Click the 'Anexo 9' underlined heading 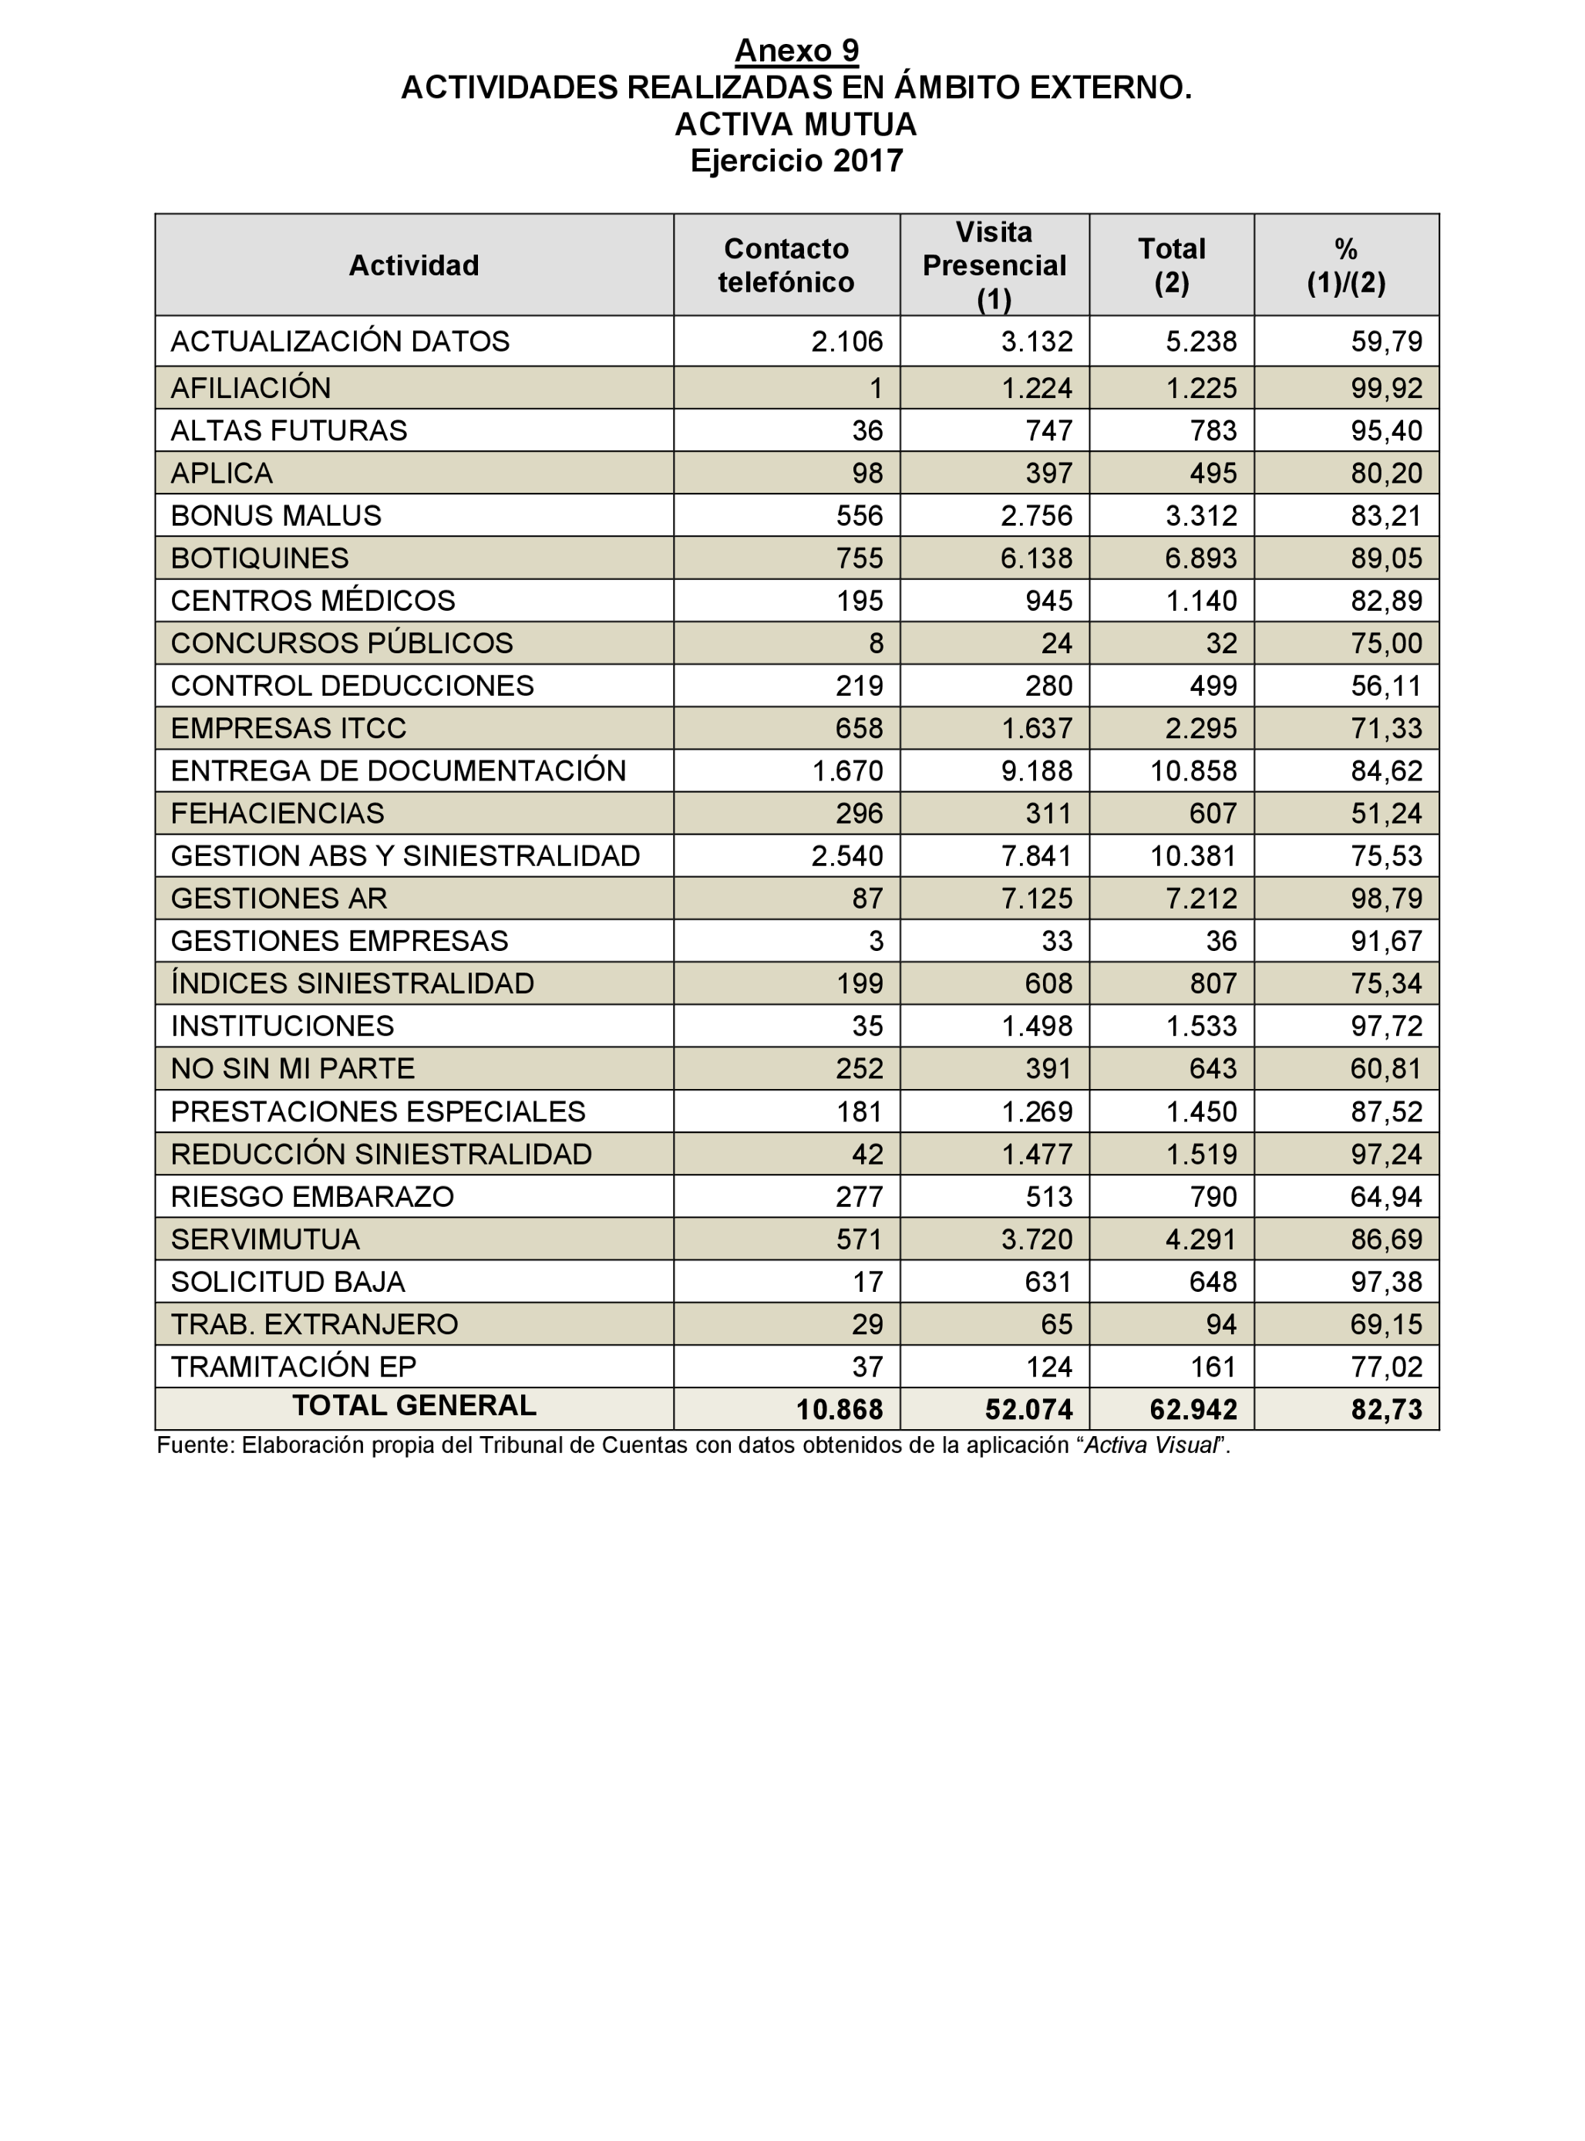coord(796,51)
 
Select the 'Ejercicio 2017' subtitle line coord(796,160)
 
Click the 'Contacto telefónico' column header coord(786,265)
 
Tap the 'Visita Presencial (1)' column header coord(994,265)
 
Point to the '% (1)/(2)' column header coord(1345,265)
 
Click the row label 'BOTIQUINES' coord(259,558)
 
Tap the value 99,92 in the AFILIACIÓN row coord(1385,388)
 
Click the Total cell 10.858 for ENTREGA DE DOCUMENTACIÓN coord(1193,770)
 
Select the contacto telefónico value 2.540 coord(846,856)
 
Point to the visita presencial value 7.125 coord(1036,899)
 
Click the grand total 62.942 coord(1193,1410)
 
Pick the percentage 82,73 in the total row coord(1385,1410)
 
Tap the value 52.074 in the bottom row coord(1028,1410)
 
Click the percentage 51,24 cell coord(1385,813)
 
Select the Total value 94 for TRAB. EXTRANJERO coord(1220,1324)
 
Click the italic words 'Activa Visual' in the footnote coord(1149,1445)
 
